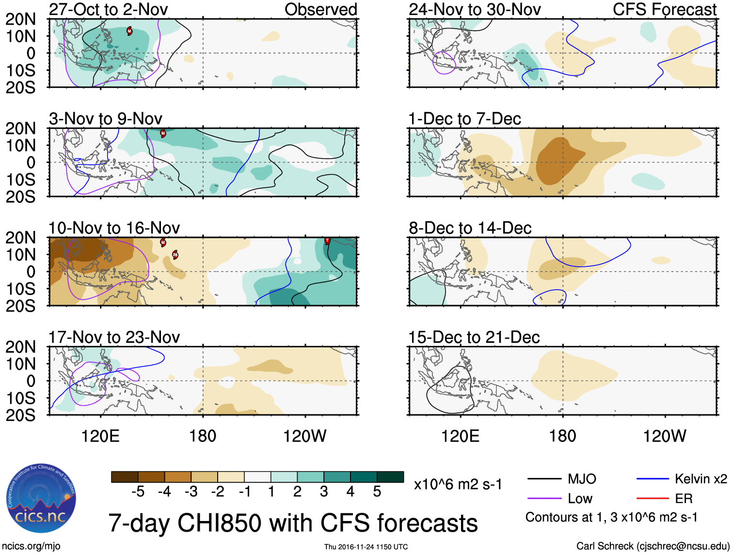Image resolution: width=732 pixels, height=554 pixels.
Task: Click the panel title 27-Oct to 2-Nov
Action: (x=108, y=9)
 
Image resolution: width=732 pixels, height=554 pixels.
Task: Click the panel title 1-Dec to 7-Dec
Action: (x=464, y=119)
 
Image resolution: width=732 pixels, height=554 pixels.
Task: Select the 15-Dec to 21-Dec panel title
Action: (x=474, y=337)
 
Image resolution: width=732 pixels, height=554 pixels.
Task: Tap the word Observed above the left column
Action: (x=320, y=9)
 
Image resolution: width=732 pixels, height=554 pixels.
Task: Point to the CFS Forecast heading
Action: (x=664, y=9)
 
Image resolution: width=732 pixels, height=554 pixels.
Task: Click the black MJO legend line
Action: (x=544, y=479)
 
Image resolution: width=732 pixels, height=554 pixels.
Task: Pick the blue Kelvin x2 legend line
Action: (x=652, y=479)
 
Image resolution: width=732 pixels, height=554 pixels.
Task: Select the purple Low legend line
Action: (x=544, y=498)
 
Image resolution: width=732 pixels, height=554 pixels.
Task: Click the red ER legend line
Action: (x=652, y=498)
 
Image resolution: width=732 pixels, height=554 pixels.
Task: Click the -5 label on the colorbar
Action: (x=138, y=492)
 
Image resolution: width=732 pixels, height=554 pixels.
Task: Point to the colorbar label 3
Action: (x=324, y=492)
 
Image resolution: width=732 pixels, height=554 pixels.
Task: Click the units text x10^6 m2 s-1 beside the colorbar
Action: (x=458, y=485)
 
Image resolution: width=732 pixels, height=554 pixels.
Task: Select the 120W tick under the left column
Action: (x=304, y=436)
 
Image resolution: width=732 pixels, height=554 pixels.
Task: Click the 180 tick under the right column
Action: (x=562, y=436)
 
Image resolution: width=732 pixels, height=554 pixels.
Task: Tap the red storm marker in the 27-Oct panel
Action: (x=129, y=31)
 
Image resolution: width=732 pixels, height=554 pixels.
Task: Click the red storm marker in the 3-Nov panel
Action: (x=163, y=133)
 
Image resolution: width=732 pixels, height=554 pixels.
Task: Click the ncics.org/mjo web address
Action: (x=31, y=546)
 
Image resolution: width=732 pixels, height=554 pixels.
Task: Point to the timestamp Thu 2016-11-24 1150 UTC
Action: (x=366, y=547)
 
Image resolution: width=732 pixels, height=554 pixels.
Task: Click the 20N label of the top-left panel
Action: (x=21, y=19)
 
